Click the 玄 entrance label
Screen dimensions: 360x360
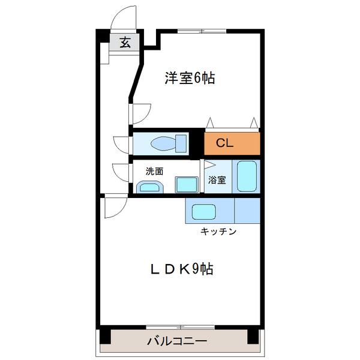tap(125, 43)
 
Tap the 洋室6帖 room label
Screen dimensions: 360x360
tap(190, 78)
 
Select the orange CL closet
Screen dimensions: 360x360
tap(232, 143)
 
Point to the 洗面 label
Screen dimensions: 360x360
tap(154, 171)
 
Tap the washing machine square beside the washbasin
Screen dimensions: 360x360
tap(185, 184)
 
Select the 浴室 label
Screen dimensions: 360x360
tap(217, 179)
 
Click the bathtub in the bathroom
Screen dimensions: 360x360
tap(246, 176)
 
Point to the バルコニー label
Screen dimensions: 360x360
tap(178, 342)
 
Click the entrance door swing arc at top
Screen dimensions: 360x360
tap(124, 17)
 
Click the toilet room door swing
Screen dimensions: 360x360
tap(122, 145)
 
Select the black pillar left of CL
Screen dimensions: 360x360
tap(197, 143)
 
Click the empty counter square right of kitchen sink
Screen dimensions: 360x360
tap(247, 211)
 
